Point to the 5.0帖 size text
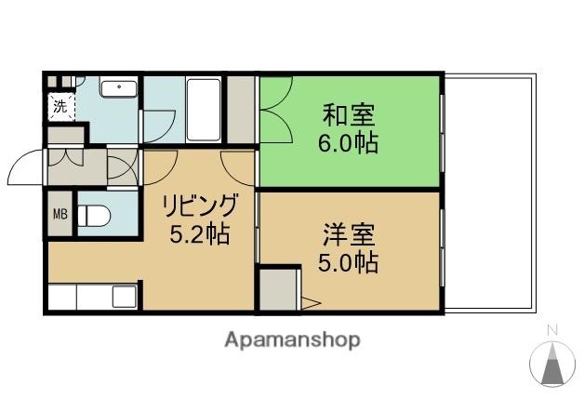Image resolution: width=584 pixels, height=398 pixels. (349, 262)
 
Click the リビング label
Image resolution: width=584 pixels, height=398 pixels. (197, 205)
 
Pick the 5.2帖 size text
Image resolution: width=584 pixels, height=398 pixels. (197, 234)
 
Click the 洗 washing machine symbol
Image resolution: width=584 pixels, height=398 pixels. (60, 106)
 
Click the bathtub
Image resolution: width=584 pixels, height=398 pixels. (204, 110)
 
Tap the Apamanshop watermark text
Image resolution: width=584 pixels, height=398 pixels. (291, 340)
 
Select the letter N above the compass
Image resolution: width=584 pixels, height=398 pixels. (551, 328)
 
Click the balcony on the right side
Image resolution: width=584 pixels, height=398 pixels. (488, 192)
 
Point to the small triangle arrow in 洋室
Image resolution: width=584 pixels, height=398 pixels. (311, 301)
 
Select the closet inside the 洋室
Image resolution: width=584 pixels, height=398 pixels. (278, 289)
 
